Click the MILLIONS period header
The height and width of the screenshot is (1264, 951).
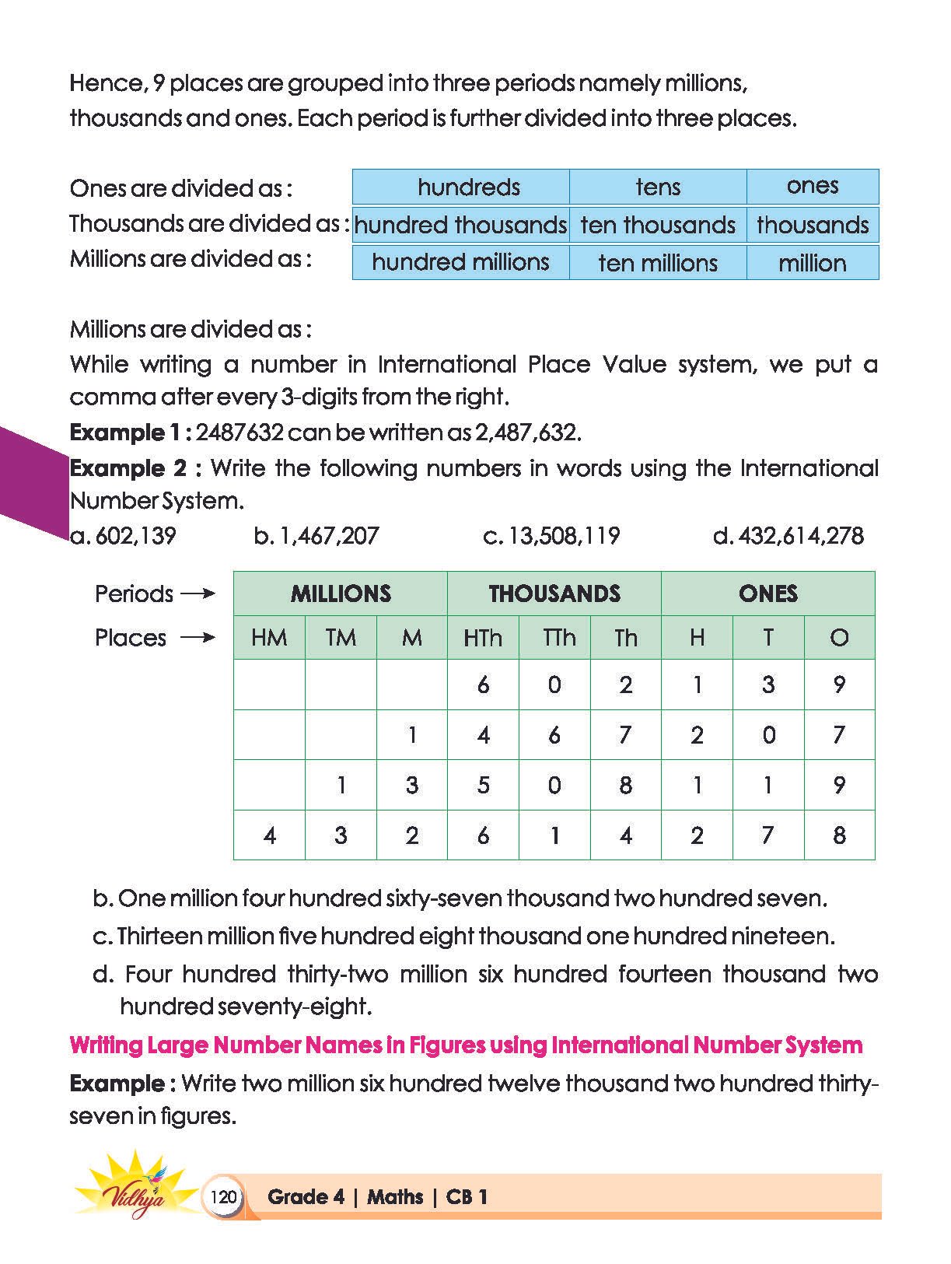(x=341, y=593)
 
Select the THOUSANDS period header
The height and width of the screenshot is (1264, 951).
(x=554, y=593)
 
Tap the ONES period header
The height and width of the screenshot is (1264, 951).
(x=768, y=593)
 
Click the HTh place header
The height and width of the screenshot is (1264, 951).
(x=483, y=638)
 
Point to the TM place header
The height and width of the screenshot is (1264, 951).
(x=341, y=638)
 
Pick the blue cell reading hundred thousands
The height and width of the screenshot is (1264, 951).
(x=460, y=225)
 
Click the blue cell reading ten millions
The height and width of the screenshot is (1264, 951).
(x=658, y=263)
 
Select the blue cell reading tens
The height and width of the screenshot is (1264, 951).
(x=658, y=187)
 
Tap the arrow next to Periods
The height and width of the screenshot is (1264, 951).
(x=198, y=594)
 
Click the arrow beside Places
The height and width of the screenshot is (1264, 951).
(x=198, y=638)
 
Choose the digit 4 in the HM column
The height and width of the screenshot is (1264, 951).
(x=270, y=835)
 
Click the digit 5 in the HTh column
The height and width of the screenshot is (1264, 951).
(x=483, y=785)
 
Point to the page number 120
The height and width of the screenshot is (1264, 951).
(x=223, y=1196)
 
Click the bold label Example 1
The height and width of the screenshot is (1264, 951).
(x=131, y=432)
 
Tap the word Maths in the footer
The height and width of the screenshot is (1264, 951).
(x=395, y=1197)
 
